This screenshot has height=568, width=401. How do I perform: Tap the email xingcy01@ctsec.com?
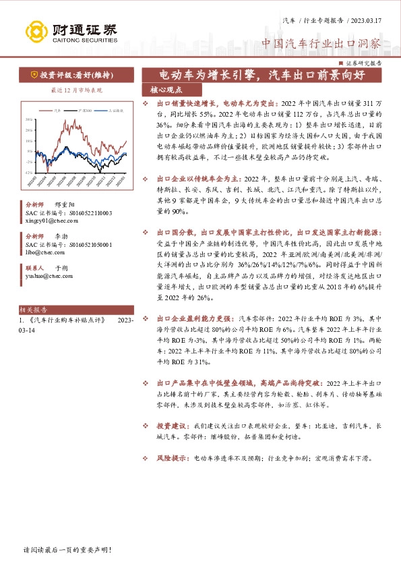(51, 220)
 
